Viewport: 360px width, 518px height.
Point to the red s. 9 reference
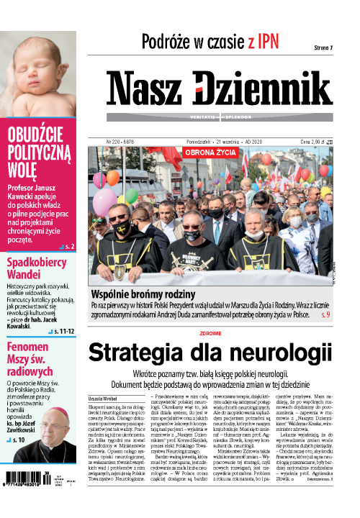point(324,314)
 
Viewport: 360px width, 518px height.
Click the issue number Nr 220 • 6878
point(124,142)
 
